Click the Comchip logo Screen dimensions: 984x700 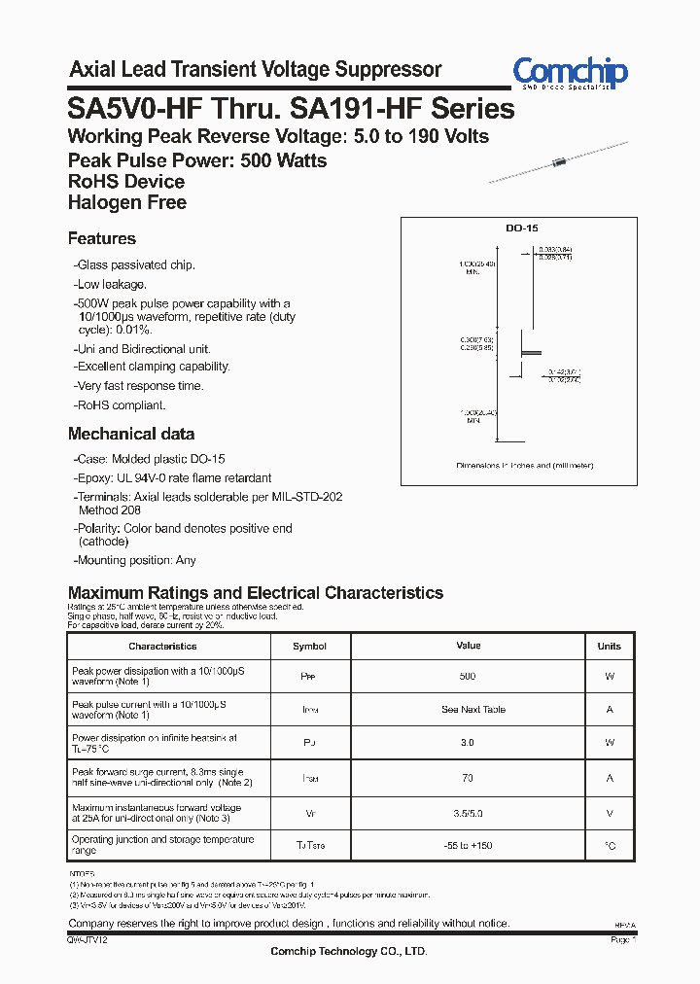[x=570, y=73]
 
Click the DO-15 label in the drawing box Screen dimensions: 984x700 [x=521, y=228]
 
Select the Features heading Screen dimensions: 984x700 [x=102, y=239]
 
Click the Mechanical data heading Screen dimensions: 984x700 [x=131, y=435]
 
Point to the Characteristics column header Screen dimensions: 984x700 [x=162, y=647]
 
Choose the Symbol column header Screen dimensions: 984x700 [x=309, y=647]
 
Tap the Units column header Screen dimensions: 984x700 [x=610, y=647]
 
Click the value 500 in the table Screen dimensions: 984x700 [x=468, y=677]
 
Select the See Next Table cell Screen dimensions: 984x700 [x=473, y=710]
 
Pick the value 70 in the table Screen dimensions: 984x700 [x=468, y=778]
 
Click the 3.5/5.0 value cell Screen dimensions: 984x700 [x=468, y=813]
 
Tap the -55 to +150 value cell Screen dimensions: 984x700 [x=468, y=846]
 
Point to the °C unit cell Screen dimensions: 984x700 [x=610, y=846]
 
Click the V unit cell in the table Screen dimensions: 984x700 [x=610, y=813]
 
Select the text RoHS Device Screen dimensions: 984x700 [x=126, y=182]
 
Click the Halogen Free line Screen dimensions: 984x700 [x=127, y=203]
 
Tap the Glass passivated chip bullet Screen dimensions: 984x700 [x=134, y=265]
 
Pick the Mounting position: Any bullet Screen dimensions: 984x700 [x=134, y=560]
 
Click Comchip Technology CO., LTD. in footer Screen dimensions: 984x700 [x=348, y=951]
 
